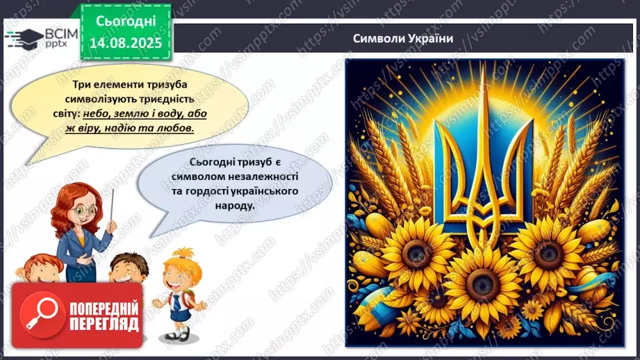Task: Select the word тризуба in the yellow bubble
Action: click(x=169, y=83)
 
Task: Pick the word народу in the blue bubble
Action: click(x=230, y=206)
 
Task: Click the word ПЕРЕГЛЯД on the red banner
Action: click(x=104, y=325)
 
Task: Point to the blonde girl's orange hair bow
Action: click(x=183, y=252)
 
